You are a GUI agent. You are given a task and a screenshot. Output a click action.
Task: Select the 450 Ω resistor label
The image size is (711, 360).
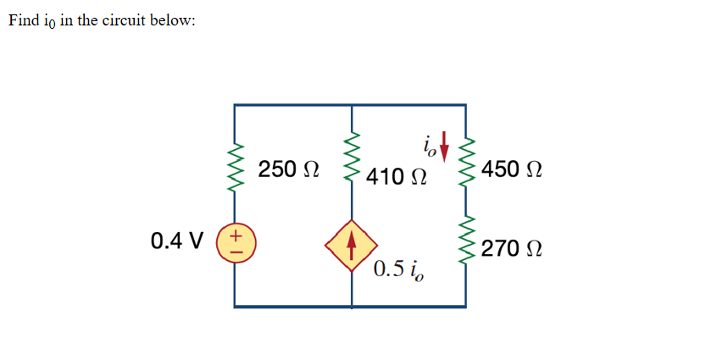click(511, 169)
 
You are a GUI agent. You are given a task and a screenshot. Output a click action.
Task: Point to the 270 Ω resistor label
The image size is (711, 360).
click(511, 249)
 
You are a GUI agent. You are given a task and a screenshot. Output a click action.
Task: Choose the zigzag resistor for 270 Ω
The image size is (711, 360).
click(464, 241)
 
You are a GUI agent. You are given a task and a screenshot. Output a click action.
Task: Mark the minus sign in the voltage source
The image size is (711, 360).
click(236, 250)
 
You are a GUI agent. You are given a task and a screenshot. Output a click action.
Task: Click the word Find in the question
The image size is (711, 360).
click(25, 21)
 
